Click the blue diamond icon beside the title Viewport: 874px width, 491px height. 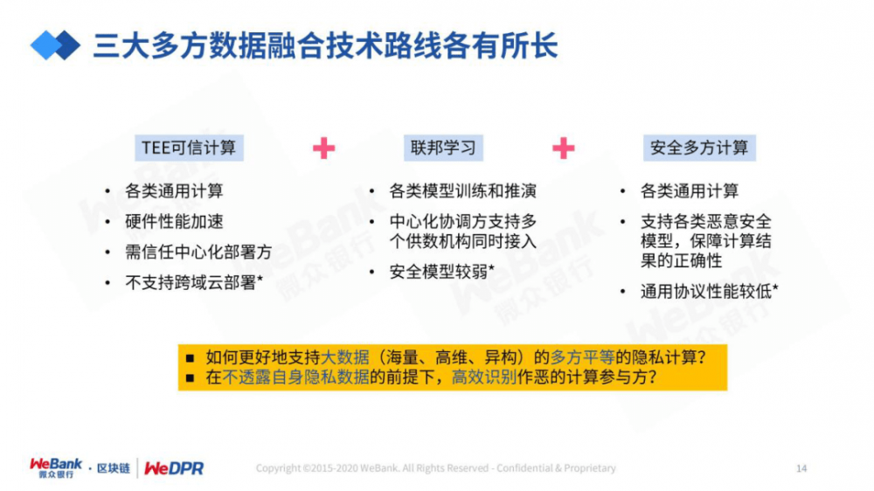coord(54,45)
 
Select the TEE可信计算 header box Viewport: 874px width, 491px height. coord(189,148)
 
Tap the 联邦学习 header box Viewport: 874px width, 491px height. coord(444,148)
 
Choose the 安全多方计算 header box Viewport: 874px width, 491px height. coord(699,148)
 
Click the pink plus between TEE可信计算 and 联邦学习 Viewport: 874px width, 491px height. coord(323,149)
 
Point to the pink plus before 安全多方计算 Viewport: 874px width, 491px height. coord(564,149)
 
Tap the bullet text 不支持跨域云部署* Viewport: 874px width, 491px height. coord(194,282)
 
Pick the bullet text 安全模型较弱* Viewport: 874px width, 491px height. coord(442,272)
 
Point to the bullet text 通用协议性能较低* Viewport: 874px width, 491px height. coord(710,292)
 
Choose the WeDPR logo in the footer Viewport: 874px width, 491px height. coord(174,468)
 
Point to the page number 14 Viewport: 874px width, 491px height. coord(801,468)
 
